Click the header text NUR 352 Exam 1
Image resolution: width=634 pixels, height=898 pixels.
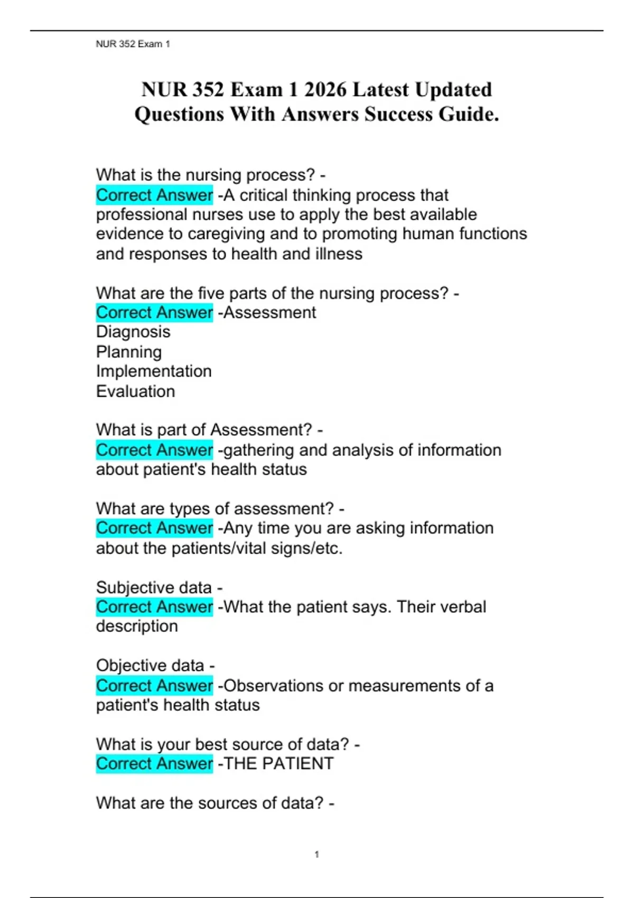(133, 44)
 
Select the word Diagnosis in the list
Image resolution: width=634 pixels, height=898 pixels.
(133, 332)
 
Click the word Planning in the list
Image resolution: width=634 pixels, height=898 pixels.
(129, 352)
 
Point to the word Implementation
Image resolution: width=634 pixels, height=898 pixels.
(154, 371)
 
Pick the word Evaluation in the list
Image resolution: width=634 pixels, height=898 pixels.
(135, 391)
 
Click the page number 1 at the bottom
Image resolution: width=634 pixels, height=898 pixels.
(316, 854)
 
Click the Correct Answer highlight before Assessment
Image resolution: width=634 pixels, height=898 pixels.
(154, 313)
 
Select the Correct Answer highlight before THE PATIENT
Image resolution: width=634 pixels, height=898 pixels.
(154, 764)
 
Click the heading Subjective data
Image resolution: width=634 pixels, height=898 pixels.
(154, 587)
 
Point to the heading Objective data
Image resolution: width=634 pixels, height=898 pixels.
(150, 666)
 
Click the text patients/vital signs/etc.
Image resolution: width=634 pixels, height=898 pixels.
(257, 548)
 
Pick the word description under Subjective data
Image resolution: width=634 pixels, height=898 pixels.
(137, 626)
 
